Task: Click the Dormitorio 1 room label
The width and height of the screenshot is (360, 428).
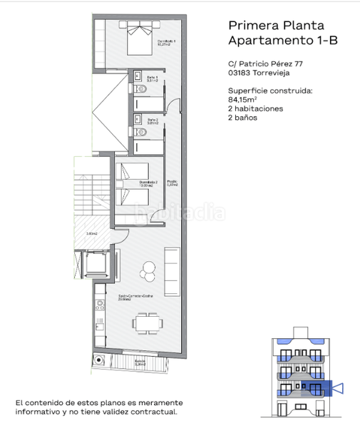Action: (167, 42)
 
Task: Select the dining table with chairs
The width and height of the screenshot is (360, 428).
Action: (146, 322)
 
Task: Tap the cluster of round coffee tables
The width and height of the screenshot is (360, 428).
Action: (148, 270)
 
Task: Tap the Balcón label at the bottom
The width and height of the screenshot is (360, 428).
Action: (141, 362)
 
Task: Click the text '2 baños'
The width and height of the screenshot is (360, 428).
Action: (242, 118)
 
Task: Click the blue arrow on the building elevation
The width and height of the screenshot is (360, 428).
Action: (338, 389)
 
